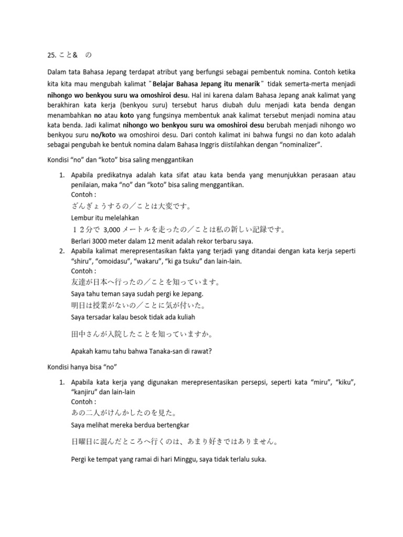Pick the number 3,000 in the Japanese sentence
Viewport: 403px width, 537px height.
coord(113,229)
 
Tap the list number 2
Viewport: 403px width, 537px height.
coord(61,252)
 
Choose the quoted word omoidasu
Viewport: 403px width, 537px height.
coord(119,261)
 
